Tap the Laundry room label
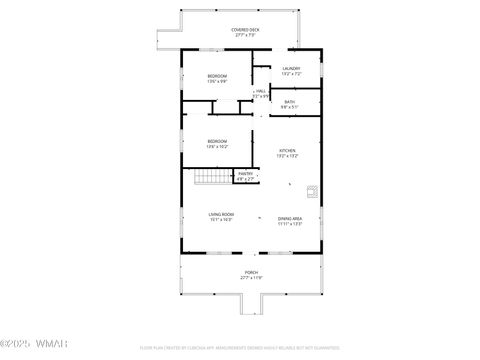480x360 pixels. click(x=291, y=68)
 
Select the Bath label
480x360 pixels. click(x=289, y=101)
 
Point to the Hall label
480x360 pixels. click(x=261, y=91)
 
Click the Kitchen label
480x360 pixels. click(x=287, y=151)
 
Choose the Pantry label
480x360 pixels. click(x=245, y=174)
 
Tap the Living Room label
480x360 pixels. click(x=221, y=214)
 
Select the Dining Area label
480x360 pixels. click(x=290, y=218)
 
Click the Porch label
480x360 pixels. click(x=251, y=272)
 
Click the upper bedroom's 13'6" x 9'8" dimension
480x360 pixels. click(x=217, y=81)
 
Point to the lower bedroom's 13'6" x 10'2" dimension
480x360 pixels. click(x=217, y=147)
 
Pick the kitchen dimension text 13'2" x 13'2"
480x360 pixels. click(x=287, y=156)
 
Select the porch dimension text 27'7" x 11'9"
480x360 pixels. click(x=251, y=278)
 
